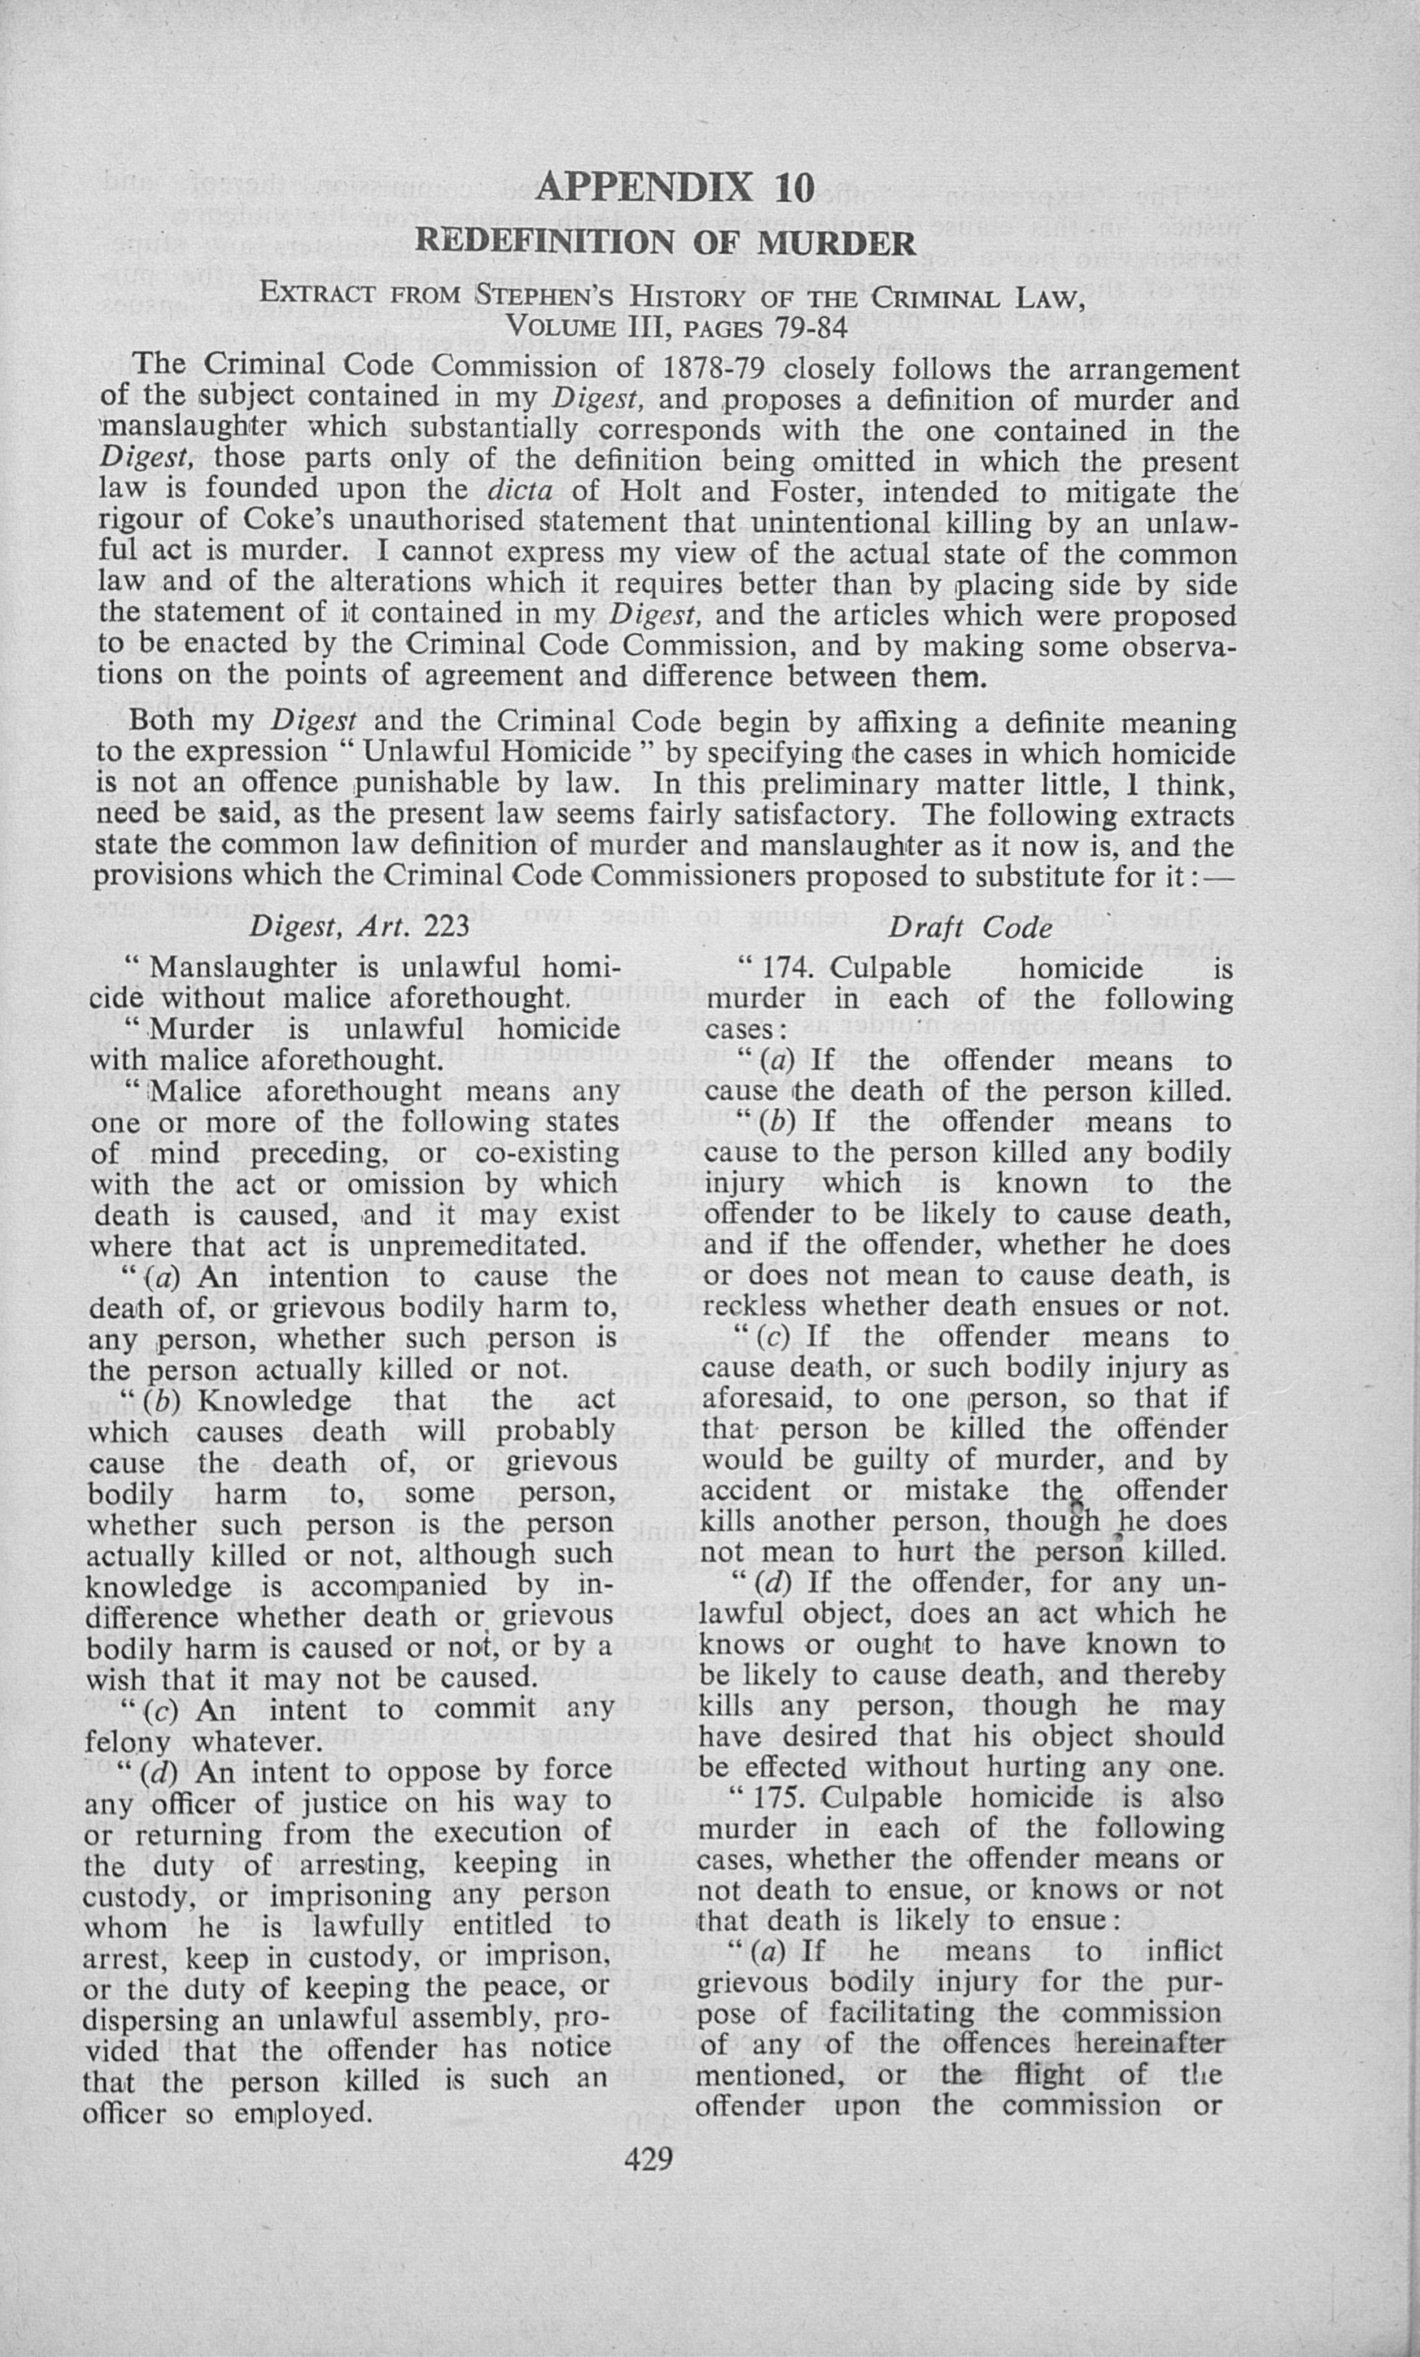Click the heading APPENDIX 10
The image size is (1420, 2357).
click(675, 186)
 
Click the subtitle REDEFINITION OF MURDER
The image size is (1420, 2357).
click(665, 243)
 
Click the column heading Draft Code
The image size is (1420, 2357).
click(970, 927)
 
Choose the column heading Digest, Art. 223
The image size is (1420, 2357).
click(360, 927)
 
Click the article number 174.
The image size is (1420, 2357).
click(790, 968)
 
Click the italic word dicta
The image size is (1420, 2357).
click(521, 491)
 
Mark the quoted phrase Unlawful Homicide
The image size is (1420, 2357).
click(497, 752)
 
